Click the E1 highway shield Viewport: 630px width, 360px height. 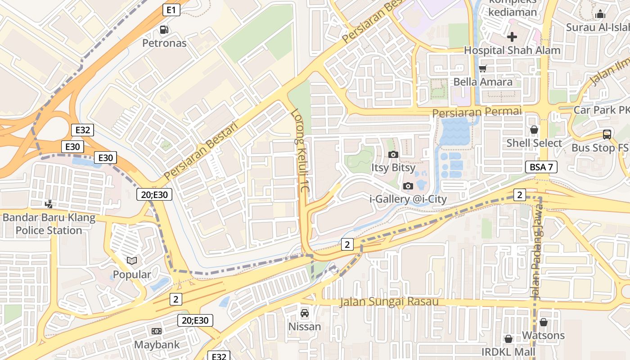(x=171, y=10)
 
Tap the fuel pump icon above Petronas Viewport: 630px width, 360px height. (x=164, y=30)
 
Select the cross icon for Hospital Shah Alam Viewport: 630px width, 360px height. (x=512, y=37)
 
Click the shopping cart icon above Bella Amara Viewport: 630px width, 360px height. (x=483, y=69)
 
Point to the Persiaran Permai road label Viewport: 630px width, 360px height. (x=477, y=111)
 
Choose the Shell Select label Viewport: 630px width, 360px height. (x=534, y=143)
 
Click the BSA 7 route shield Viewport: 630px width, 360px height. (x=541, y=167)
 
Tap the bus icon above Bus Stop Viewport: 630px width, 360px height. (x=607, y=134)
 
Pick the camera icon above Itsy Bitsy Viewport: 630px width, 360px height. (x=393, y=155)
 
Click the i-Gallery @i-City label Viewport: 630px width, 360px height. (x=408, y=199)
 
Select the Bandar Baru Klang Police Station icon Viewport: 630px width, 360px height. (x=49, y=204)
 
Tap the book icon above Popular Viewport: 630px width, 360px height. (x=132, y=261)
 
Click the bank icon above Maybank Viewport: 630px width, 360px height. (x=157, y=331)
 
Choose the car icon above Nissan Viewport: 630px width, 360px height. (x=305, y=313)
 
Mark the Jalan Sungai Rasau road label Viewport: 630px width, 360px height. (x=389, y=301)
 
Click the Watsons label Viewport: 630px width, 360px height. (x=543, y=335)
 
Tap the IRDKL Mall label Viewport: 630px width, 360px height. (x=508, y=351)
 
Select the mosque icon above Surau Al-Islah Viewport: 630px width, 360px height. (x=600, y=14)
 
